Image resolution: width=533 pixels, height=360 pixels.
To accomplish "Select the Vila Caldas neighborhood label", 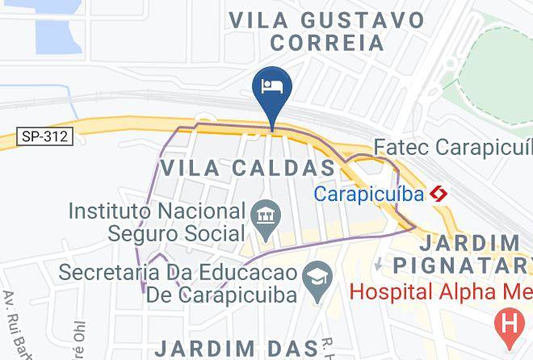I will pos(248,168).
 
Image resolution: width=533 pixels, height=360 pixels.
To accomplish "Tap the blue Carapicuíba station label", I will pos(368,194).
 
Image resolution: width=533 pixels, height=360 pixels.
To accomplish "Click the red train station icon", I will pos(439,194).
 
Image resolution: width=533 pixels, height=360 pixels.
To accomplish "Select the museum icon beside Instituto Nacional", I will pos(264,215).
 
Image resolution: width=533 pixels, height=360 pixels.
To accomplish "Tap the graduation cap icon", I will pos(313,274).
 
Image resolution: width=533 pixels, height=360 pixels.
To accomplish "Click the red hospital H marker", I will pos(509,324).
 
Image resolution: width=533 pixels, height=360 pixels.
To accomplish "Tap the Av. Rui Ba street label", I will pos(18,323).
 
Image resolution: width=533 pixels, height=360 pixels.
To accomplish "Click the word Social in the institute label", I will pos(206,233).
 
